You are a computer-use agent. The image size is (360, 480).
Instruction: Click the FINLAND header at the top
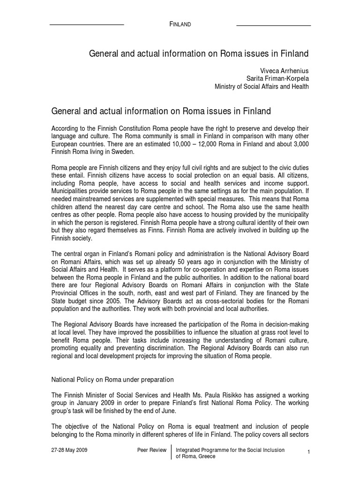180,24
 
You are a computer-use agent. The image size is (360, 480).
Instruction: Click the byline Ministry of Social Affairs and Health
262,87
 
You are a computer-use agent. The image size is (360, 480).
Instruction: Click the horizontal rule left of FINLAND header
86,24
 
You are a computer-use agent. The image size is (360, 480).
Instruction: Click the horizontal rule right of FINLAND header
273,24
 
